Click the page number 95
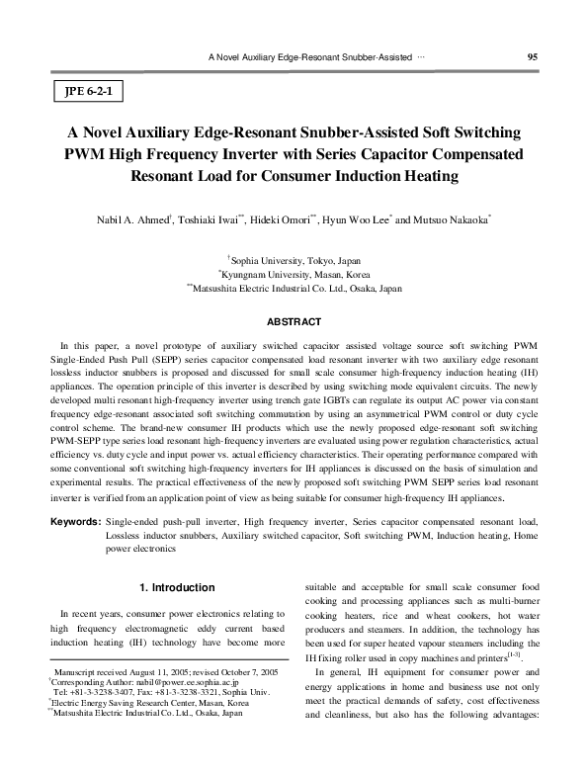(x=532, y=57)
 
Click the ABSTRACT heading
(x=294, y=322)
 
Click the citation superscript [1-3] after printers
(x=510, y=655)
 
